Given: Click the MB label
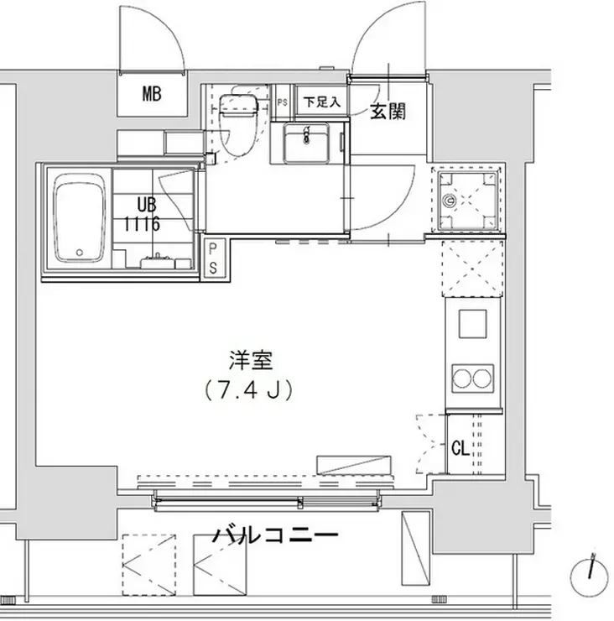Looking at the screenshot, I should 152,94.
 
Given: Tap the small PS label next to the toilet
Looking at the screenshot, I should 281,103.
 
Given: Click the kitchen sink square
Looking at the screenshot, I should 471,323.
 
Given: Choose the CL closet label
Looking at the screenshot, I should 460,447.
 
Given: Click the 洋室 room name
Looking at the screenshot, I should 250,363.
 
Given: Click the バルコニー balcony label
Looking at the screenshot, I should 274,535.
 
